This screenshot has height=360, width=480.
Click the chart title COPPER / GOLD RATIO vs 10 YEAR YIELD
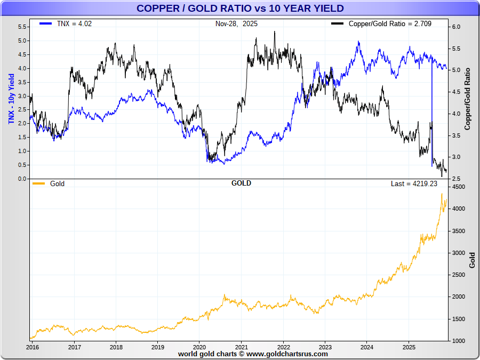[240, 8]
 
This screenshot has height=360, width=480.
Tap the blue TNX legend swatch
[45, 23]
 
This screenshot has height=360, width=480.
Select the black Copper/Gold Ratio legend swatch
[337, 23]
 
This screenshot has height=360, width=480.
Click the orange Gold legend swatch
[38, 183]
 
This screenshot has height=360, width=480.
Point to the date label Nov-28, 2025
[236, 23]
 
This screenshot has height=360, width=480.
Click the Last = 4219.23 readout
[414, 183]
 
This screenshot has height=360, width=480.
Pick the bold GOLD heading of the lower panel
[241, 183]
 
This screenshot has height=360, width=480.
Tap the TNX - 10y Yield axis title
[11, 99]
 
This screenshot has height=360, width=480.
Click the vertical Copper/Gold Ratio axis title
[468, 99]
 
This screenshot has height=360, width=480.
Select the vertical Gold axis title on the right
[471, 260]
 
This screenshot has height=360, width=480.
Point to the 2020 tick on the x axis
[199, 346]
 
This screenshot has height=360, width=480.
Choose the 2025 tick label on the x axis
[409, 346]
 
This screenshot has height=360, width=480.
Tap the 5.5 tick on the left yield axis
[22, 27]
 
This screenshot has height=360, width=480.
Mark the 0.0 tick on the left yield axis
[22, 179]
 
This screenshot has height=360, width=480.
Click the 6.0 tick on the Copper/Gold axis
[457, 27]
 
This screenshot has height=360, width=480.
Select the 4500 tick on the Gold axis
[458, 187]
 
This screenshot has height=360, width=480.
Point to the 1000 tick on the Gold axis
[458, 341]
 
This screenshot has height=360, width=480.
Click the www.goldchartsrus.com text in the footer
[287, 354]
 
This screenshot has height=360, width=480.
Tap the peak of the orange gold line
[442, 194]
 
